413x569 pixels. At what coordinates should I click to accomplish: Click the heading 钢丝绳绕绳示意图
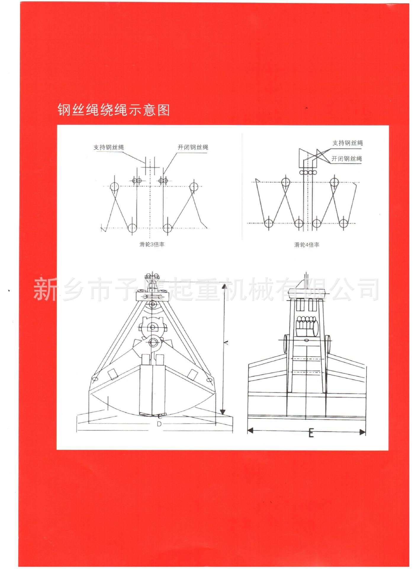(x=113, y=110)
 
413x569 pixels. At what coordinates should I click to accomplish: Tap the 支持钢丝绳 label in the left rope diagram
(x=108, y=147)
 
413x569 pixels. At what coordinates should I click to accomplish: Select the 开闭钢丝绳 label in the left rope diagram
(x=193, y=147)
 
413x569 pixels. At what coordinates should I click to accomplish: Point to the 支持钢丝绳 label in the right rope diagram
(x=347, y=143)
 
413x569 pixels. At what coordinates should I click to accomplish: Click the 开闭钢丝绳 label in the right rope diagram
(x=346, y=159)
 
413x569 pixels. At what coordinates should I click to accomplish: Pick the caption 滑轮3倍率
(x=152, y=244)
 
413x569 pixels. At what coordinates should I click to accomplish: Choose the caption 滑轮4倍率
(x=307, y=245)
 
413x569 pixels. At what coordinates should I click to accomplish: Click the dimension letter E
(x=311, y=434)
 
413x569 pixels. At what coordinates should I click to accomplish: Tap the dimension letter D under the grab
(x=159, y=424)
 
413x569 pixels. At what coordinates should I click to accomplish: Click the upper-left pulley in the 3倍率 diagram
(x=114, y=187)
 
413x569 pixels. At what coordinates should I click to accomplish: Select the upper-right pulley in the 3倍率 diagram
(x=194, y=187)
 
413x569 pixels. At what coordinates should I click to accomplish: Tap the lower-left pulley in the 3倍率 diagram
(x=132, y=228)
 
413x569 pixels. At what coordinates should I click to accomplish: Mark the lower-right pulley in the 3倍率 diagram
(x=168, y=228)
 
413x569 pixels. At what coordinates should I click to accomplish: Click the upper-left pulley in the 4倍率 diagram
(x=285, y=182)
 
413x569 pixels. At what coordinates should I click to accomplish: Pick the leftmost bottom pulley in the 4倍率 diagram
(x=269, y=223)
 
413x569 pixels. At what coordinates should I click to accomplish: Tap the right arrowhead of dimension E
(x=363, y=432)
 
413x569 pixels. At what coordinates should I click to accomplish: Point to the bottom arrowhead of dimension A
(x=223, y=412)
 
